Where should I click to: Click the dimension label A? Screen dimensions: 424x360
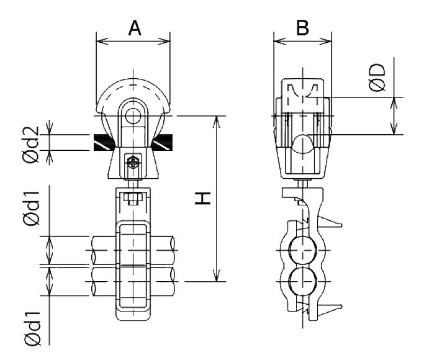click(x=135, y=28)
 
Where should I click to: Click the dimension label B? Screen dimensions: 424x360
click(x=302, y=28)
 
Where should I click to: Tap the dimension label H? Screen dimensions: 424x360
click(x=202, y=199)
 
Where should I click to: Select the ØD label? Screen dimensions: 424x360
click(x=377, y=78)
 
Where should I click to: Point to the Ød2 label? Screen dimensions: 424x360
click(x=32, y=145)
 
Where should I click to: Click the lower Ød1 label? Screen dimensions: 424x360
click(x=32, y=328)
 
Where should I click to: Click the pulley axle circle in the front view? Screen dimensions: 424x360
click(x=133, y=115)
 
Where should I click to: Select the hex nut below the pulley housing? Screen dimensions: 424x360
click(x=133, y=198)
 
